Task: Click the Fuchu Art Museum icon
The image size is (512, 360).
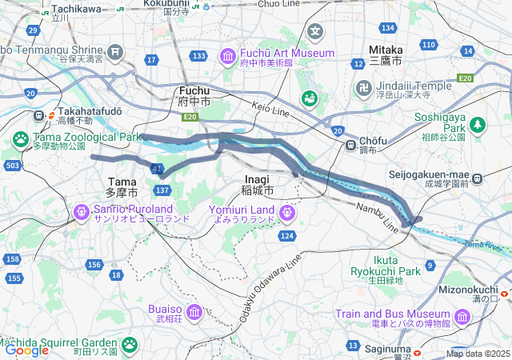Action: click(228, 57)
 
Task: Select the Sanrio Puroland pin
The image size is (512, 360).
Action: click(81, 212)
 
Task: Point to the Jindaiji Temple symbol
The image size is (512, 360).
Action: click(364, 86)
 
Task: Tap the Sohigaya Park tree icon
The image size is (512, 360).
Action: click(478, 125)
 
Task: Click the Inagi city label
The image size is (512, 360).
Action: click(257, 186)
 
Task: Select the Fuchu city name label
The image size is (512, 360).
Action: click(194, 96)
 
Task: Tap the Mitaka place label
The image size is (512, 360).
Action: click(386, 54)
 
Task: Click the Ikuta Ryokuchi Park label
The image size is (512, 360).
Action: click(386, 265)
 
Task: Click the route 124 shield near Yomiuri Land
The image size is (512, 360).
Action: click(286, 236)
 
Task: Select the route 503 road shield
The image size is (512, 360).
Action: click(12, 165)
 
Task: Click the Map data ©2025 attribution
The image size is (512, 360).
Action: click(478, 354)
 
